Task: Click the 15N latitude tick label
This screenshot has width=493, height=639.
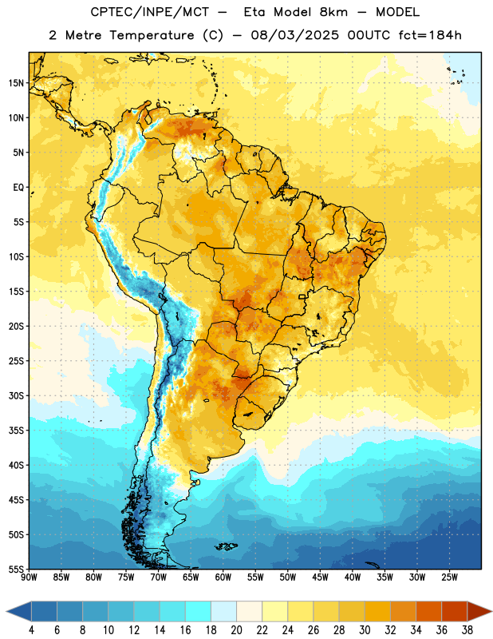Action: click(x=16, y=83)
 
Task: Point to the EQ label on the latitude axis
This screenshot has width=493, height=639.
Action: click(x=18, y=188)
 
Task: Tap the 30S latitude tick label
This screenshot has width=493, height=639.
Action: click(x=16, y=395)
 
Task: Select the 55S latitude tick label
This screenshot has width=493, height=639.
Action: click(x=16, y=570)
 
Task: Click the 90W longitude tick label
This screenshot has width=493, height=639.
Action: click(x=30, y=577)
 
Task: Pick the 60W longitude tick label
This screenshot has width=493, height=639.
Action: click(x=223, y=577)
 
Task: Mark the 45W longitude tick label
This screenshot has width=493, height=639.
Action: click(x=320, y=577)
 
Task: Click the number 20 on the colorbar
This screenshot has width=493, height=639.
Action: click(x=236, y=630)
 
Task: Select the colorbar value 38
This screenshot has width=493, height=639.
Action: click(x=467, y=630)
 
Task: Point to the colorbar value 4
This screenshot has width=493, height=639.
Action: click(x=31, y=630)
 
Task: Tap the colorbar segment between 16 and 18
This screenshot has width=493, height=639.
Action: click(x=199, y=611)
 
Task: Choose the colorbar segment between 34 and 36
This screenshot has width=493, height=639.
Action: click(x=429, y=611)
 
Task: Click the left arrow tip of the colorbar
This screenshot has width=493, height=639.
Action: click(x=6, y=611)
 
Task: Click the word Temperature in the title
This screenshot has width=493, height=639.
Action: click(x=152, y=35)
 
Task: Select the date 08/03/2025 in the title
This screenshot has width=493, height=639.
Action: click(x=295, y=35)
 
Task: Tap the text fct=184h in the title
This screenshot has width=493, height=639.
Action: click(x=430, y=35)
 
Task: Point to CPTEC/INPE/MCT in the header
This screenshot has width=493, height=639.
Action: click(x=150, y=12)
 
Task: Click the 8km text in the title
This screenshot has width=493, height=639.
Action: click(x=333, y=12)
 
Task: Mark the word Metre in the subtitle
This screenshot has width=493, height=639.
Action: click(x=83, y=35)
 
